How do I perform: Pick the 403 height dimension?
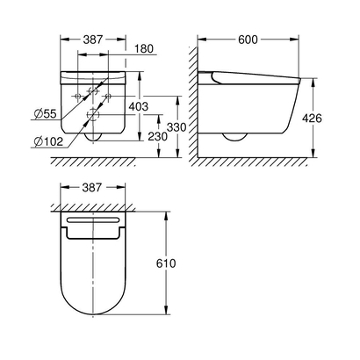coord(138,106)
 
